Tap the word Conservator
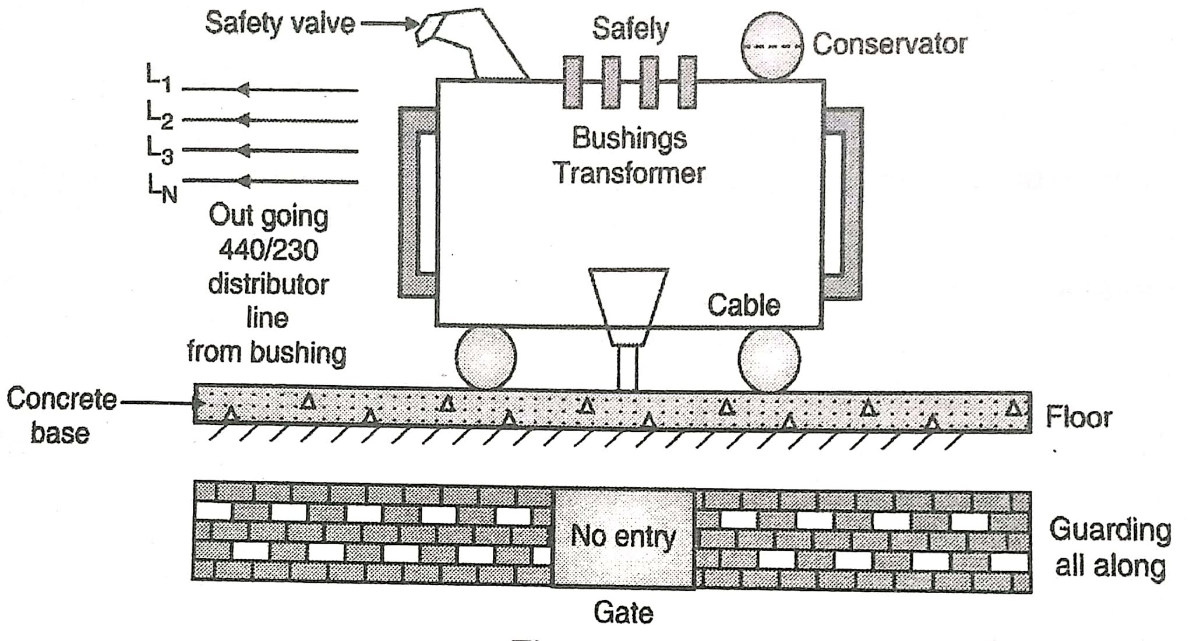(x=890, y=44)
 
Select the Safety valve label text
(x=280, y=24)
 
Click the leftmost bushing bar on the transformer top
(x=573, y=82)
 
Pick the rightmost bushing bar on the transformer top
(x=687, y=82)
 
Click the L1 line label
(x=158, y=78)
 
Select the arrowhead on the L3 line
(x=244, y=151)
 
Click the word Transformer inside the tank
(x=629, y=173)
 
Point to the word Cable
(x=743, y=305)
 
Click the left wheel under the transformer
(x=485, y=358)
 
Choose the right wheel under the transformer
(x=769, y=358)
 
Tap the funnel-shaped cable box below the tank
(x=629, y=303)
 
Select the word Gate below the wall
(x=623, y=612)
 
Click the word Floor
(x=1078, y=417)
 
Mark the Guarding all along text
(x=1110, y=548)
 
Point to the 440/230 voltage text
(x=269, y=251)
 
